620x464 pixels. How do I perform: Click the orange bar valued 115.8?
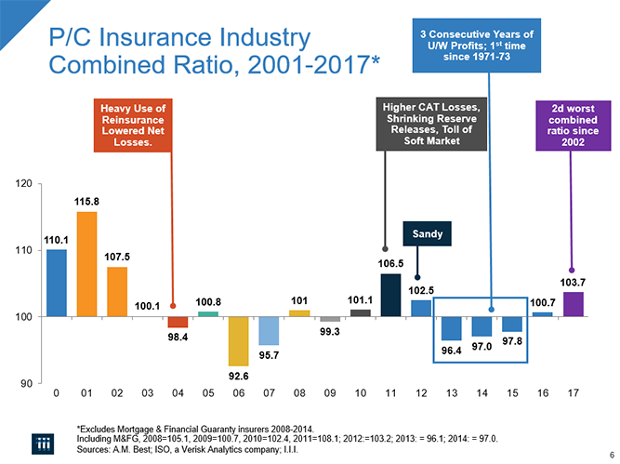tap(87, 264)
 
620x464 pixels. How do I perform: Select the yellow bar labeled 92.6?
tap(239, 341)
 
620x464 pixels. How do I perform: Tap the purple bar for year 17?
tap(574, 304)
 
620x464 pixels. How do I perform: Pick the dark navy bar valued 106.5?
tap(391, 295)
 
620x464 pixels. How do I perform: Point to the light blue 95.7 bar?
tap(270, 331)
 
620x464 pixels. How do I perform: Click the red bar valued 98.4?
tap(178, 322)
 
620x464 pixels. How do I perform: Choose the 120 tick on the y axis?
tap(22, 183)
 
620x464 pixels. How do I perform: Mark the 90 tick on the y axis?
tap(22, 383)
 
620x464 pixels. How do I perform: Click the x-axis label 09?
tap(330, 393)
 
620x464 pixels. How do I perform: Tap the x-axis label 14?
tap(482, 393)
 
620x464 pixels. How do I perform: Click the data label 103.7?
tap(574, 282)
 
